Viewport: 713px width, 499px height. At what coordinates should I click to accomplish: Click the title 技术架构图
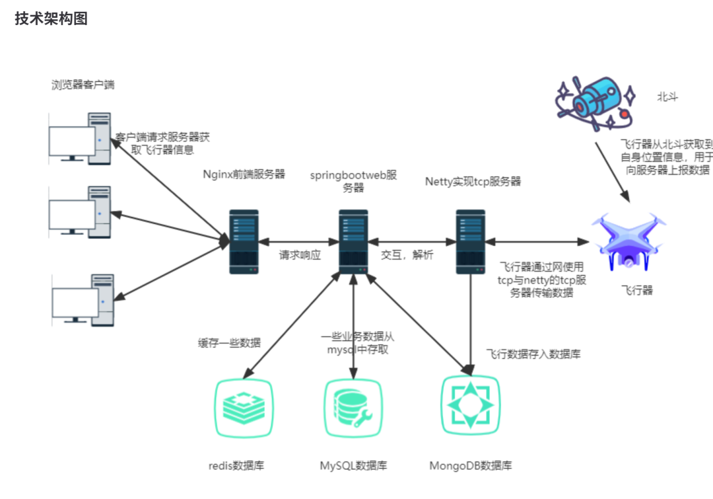pyautogui.click(x=51, y=19)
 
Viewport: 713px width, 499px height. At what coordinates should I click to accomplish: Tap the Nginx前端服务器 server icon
pyautogui.click(x=244, y=242)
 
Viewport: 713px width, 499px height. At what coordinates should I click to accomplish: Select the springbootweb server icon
pyautogui.click(x=353, y=242)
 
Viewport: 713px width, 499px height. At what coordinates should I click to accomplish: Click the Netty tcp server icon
pyautogui.click(x=471, y=242)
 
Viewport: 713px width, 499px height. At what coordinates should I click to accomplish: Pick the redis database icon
pyautogui.click(x=244, y=408)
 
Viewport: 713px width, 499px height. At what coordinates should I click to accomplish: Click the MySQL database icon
pyautogui.click(x=353, y=408)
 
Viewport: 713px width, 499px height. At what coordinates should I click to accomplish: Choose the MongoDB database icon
pyautogui.click(x=471, y=405)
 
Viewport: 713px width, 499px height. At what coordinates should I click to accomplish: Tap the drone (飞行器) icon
pyautogui.click(x=628, y=242)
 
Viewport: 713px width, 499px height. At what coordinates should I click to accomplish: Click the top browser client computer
pyautogui.click(x=80, y=139)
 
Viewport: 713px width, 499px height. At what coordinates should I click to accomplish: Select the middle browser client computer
pyautogui.click(x=80, y=212)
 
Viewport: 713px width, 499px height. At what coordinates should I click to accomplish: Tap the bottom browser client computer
pyautogui.click(x=83, y=300)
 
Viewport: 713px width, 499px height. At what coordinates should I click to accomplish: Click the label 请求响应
pyautogui.click(x=300, y=255)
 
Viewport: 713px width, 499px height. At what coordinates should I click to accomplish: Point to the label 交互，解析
pyautogui.click(x=407, y=255)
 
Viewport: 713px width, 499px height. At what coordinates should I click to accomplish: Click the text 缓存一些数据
pyautogui.click(x=229, y=343)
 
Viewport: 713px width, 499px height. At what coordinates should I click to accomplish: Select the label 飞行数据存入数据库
pyautogui.click(x=533, y=354)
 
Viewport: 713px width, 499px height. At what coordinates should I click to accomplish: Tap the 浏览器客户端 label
pyautogui.click(x=83, y=85)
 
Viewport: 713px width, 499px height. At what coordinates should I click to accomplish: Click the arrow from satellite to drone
pyautogui.click(x=613, y=172)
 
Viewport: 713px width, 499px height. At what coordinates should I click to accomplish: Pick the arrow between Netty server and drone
pyautogui.click(x=537, y=242)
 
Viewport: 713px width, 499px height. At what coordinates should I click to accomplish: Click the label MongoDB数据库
pyautogui.click(x=471, y=465)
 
